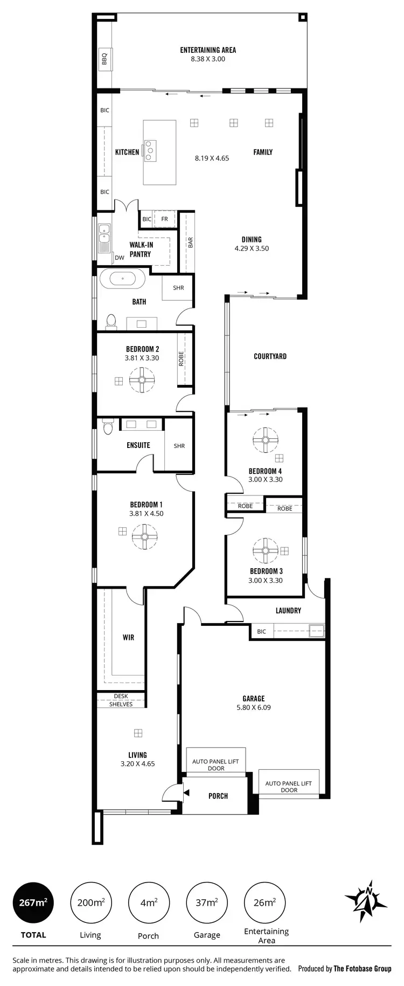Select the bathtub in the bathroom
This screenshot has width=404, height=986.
pos(123,279)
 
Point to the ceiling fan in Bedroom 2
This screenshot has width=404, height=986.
pos(142,380)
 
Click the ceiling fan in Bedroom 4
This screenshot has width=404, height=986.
pos(265,440)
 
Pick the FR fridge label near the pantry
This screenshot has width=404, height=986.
pos(164,219)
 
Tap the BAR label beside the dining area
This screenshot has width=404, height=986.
pos(190,243)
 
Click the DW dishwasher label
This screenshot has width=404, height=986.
pos(120,258)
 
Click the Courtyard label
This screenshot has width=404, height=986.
pos(270,356)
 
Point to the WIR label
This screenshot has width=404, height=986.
pos(128,637)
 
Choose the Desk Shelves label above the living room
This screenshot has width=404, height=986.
pos(121,700)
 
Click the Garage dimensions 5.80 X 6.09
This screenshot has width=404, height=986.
pos(253,707)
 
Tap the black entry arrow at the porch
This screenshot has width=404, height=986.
pos(186,792)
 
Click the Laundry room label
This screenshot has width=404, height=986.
pos(288,610)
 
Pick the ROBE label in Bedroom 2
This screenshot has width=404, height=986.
pos(181,358)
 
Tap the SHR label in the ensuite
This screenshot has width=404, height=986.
pos(179,446)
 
